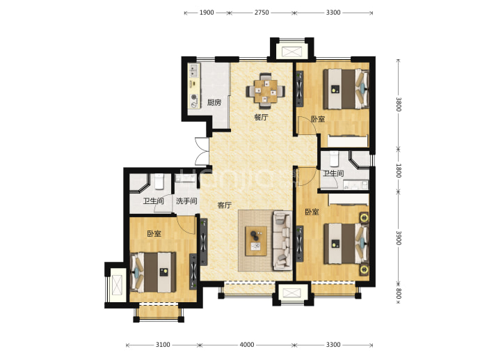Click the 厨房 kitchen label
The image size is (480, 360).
214,102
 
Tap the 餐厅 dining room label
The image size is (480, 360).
261,117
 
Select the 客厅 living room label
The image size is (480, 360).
225,205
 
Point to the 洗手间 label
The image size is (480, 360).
186,201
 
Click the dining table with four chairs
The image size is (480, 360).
266,91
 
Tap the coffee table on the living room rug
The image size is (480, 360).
256,241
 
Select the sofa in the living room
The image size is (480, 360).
282,240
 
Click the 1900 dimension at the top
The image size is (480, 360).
207,13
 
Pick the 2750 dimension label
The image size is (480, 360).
262,13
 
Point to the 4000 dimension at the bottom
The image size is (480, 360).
247,345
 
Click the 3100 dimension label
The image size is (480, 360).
163,345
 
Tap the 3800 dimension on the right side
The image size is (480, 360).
399,104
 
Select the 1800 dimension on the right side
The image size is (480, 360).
399,171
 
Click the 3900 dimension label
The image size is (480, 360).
399,237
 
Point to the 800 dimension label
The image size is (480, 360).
399,293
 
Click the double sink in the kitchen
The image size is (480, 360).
193,71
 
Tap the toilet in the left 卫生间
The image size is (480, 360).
159,181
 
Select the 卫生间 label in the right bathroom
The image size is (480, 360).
333,173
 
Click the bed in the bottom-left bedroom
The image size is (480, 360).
153,272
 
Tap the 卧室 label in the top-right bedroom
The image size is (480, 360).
318,119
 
